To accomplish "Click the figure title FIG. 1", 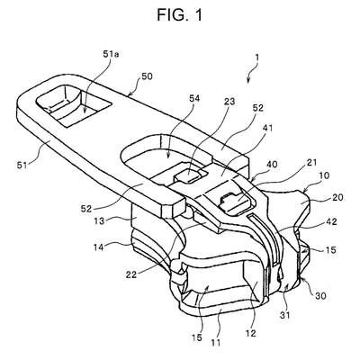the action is point(180,14).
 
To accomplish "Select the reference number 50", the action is point(147,76).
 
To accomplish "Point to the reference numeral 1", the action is point(256,58).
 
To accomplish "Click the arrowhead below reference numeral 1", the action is point(248,80).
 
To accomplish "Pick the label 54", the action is point(194,98).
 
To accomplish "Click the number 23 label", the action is point(229,102).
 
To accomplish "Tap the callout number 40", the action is point(272,164).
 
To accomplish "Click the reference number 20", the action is point(337,198).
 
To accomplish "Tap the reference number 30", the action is point(320,296).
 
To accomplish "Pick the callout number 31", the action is point(285,315).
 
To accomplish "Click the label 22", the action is point(130,274).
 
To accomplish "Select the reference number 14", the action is point(99,247).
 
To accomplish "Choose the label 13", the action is point(99,221).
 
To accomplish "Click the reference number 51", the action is point(21,165).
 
